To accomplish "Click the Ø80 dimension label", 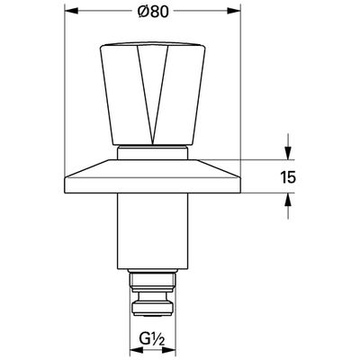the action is click(x=153, y=12).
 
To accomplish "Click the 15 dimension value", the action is click(x=288, y=176).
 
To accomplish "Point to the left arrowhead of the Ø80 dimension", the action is click(x=71, y=11).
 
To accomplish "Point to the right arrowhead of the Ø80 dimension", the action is click(x=234, y=11).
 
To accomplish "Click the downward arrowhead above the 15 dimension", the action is click(x=288, y=153).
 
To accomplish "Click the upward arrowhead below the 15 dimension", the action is click(x=288, y=200).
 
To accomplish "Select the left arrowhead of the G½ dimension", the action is click(x=136, y=349).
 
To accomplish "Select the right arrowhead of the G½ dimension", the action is click(x=169, y=349).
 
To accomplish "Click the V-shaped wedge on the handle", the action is click(x=153, y=90).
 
